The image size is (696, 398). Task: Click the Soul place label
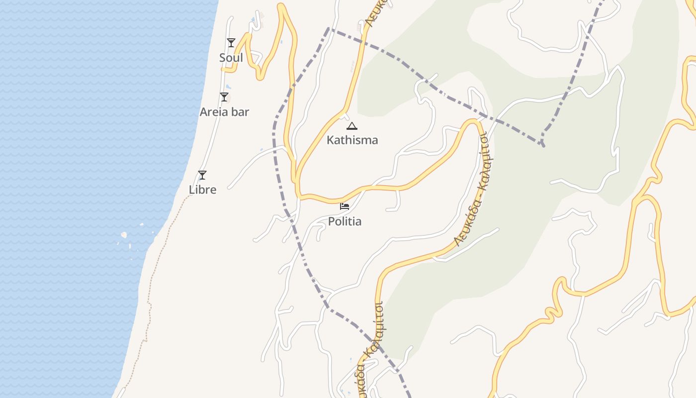click(x=231, y=58)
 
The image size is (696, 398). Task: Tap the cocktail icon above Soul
click(x=231, y=43)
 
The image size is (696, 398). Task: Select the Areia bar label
click(x=224, y=112)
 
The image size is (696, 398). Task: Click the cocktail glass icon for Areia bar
click(x=224, y=97)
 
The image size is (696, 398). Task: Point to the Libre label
click(x=202, y=190)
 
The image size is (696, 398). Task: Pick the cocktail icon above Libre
click(x=202, y=175)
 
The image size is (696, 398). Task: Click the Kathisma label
click(x=352, y=140)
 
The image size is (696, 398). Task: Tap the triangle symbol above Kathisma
click(x=352, y=126)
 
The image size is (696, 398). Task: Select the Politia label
click(x=345, y=221)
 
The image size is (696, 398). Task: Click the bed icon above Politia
click(x=345, y=206)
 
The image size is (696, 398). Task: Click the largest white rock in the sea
click(x=124, y=235)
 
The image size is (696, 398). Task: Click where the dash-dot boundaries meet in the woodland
click(x=542, y=144)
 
